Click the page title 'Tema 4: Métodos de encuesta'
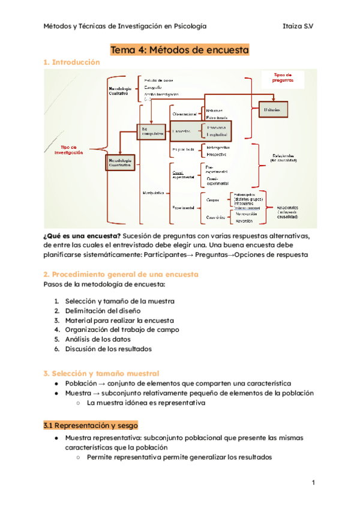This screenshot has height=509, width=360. click(x=180, y=50)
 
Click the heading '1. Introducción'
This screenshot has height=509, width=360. click(x=72, y=62)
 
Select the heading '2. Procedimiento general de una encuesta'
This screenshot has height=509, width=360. click(x=121, y=274)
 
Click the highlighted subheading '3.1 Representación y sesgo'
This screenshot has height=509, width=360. click(x=91, y=425)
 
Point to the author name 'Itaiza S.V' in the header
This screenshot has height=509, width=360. click(x=299, y=26)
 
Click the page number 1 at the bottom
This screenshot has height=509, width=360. click(x=313, y=483)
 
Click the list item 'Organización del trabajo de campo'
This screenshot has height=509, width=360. click(x=122, y=330)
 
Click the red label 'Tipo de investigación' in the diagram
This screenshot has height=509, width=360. click(x=68, y=150)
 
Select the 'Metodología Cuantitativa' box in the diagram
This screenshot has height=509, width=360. click(x=122, y=162)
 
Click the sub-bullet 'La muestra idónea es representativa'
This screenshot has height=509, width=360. click(x=146, y=403)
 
